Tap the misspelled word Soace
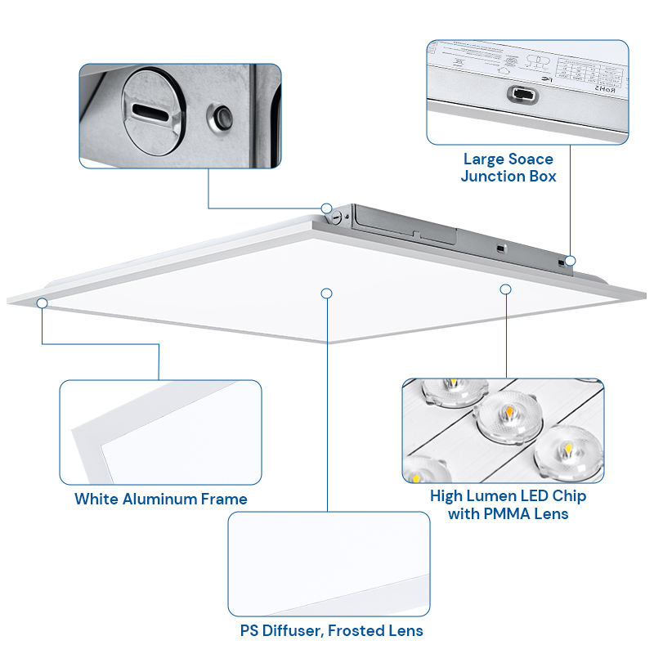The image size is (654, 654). (531, 159)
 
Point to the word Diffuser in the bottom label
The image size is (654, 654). (296, 630)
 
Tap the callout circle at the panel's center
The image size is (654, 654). (327, 293)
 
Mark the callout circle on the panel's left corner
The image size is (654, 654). (42, 303)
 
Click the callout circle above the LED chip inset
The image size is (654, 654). (506, 289)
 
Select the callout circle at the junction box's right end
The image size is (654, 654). (571, 261)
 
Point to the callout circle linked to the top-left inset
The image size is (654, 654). (326, 208)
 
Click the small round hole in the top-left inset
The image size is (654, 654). (221, 118)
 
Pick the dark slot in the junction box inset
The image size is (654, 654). (521, 95)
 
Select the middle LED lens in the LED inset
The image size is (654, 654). (501, 414)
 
